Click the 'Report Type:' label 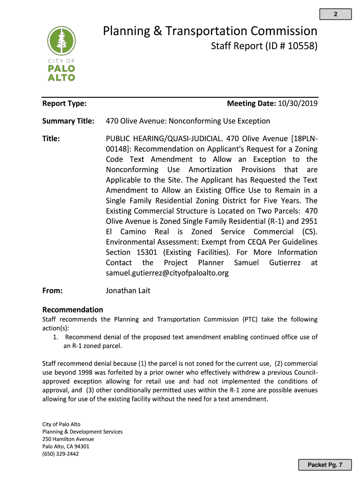point(64,103)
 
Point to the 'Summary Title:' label point(68,121)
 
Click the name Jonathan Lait point(128,290)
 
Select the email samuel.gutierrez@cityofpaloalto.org point(167,273)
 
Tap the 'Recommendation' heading point(72,310)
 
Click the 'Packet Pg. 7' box point(325,464)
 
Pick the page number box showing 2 point(335,15)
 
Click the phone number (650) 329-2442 point(60,453)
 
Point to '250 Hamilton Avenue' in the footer point(68,439)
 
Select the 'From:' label point(52,290)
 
